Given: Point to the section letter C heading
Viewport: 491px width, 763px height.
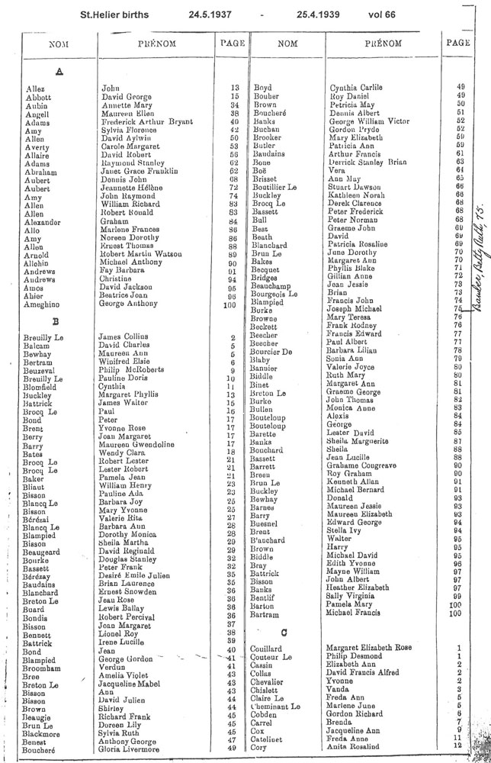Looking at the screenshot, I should (284, 633).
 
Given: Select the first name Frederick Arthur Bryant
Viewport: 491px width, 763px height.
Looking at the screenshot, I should (149, 121).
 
